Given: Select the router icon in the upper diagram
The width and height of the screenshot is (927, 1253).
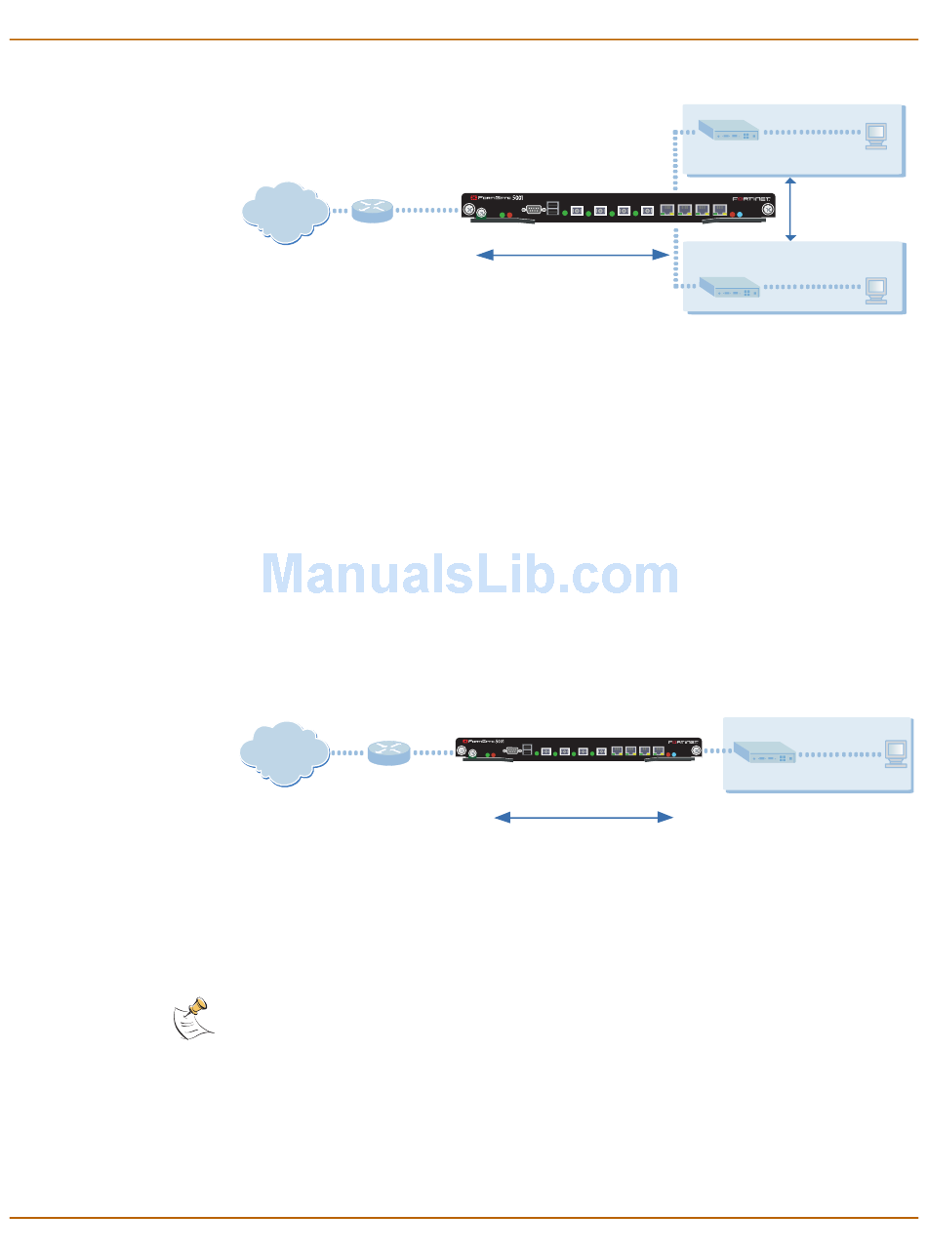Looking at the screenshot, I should click(x=373, y=211).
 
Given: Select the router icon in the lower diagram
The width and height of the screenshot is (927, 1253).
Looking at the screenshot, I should click(x=389, y=753).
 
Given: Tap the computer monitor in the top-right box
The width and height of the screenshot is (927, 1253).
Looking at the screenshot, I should click(x=875, y=134).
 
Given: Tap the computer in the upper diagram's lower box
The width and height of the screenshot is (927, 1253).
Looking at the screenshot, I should click(x=875, y=290).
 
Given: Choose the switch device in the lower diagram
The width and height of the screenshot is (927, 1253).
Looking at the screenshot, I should click(x=764, y=752).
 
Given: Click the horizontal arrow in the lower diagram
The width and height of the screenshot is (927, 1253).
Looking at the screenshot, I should click(x=584, y=817).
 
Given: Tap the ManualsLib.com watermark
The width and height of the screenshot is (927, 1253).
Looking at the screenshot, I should click(x=470, y=576).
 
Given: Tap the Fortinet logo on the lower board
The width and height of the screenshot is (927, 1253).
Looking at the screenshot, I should click(x=682, y=741).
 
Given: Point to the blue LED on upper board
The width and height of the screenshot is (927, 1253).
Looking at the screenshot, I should click(x=741, y=213).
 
